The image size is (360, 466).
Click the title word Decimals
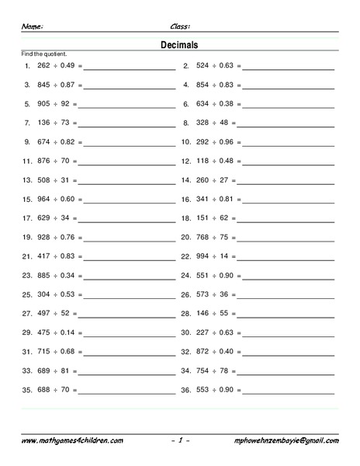(x=180, y=44)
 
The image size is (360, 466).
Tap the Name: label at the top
(x=32, y=26)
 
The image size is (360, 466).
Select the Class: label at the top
(x=180, y=26)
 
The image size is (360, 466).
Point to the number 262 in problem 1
(x=43, y=66)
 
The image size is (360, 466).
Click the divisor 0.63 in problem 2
(x=227, y=66)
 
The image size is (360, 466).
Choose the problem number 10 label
(x=186, y=142)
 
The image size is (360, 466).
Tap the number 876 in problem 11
(x=43, y=161)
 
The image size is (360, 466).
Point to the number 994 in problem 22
(x=203, y=256)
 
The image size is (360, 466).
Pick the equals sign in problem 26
(x=234, y=294)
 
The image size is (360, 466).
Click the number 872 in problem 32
(x=203, y=351)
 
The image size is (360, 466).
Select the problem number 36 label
(x=186, y=388)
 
